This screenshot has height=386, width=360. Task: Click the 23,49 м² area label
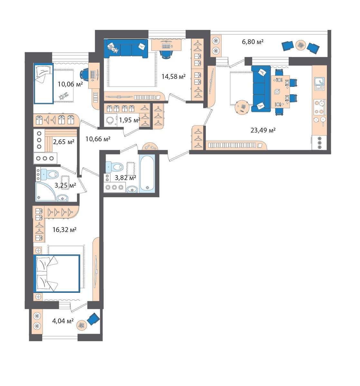(263, 130)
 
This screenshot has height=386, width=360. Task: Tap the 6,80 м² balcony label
(252, 41)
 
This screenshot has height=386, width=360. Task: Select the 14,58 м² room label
(173, 76)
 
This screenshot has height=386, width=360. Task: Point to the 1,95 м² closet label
(129, 120)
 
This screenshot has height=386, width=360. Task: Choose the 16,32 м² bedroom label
(64, 230)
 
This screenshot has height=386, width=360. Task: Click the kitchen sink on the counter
(319, 84)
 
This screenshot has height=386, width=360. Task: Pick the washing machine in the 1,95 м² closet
(110, 120)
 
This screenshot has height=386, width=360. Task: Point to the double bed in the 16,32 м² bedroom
(56, 273)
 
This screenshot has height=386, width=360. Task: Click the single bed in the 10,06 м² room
(43, 83)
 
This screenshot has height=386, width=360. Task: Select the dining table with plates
(280, 92)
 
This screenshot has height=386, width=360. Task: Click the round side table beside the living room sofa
(242, 107)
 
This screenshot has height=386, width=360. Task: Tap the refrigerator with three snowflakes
(319, 143)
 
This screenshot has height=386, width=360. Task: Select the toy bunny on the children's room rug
(64, 96)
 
